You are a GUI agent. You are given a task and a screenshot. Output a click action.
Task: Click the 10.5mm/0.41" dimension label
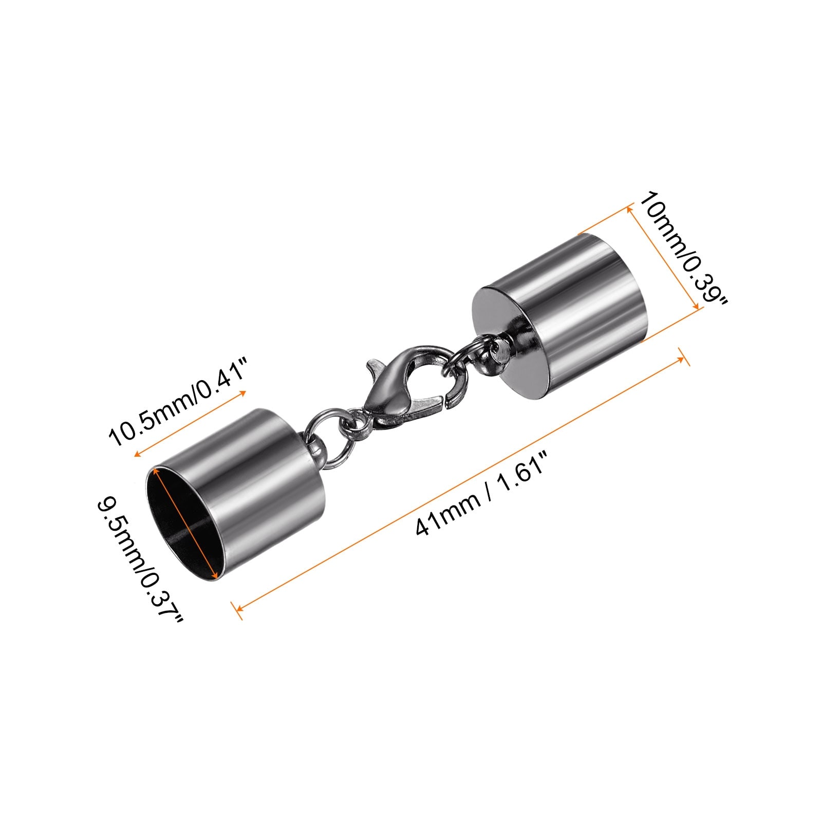pyautogui.click(x=178, y=402)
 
